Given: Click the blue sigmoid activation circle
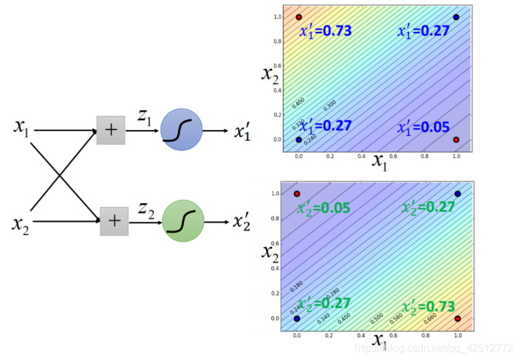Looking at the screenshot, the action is click(181, 129).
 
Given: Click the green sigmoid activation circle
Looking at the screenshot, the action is click(183, 221).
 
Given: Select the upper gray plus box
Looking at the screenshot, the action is click(111, 130).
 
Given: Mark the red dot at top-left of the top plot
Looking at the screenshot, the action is click(299, 17).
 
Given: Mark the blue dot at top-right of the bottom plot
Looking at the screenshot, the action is click(457, 194).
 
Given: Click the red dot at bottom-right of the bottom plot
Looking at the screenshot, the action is click(457, 318).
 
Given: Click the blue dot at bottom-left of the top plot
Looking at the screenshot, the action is click(299, 139).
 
